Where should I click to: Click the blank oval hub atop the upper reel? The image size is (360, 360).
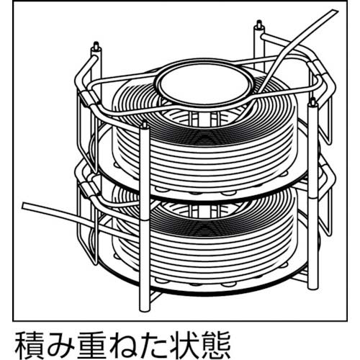204,85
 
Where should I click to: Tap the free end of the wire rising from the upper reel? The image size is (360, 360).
334,12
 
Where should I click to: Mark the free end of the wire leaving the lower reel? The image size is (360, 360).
24,206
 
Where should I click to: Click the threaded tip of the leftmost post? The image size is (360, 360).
96,45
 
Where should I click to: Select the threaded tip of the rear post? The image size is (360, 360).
259,24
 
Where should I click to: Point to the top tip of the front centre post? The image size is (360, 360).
145,125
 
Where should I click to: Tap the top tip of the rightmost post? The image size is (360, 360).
312,102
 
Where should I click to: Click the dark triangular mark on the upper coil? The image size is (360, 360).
204,138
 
